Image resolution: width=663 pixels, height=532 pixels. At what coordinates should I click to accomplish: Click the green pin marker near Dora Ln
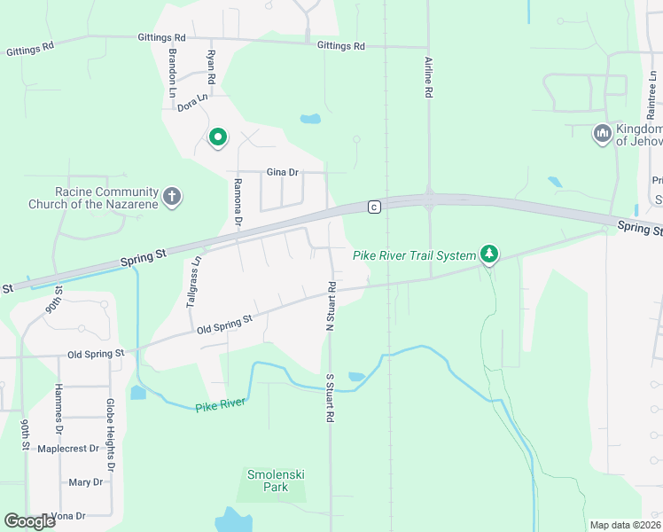(x=218, y=137)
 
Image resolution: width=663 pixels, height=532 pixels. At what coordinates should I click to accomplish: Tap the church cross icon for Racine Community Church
(x=172, y=197)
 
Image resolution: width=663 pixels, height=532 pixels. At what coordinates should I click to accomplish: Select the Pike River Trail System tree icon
(x=488, y=255)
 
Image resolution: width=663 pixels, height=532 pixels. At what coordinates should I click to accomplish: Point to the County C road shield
(x=374, y=207)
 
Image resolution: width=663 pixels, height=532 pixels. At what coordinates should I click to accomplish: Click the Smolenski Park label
(x=276, y=481)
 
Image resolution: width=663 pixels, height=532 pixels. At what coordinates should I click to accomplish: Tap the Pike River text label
(x=218, y=405)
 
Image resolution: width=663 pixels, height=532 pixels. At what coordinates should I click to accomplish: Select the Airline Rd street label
(x=428, y=76)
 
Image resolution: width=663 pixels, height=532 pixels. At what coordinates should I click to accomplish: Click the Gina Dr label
(x=283, y=172)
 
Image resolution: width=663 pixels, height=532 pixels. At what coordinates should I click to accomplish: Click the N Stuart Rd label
(x=330, y=306)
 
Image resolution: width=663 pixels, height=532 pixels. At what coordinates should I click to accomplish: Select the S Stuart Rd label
(x=330, y=396)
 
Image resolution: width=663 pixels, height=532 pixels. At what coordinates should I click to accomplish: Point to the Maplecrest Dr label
(x=69, y=449)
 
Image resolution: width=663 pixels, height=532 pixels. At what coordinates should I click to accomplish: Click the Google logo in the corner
(x=29, y=521)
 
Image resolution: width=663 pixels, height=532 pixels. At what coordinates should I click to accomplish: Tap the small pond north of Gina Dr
(x=309, y=119)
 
